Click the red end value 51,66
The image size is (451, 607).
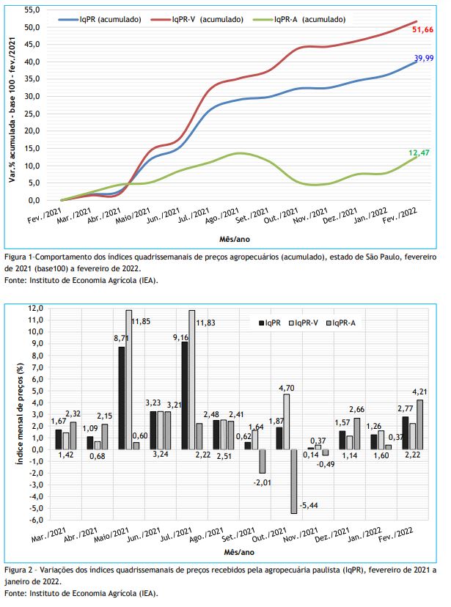(422, 30)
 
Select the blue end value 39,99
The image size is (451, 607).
(424, 58)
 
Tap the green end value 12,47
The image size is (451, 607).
(419, 152)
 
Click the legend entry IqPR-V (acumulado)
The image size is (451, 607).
(208, 19)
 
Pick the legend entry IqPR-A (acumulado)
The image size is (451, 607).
(309, 19)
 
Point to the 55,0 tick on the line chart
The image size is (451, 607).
(32, 10)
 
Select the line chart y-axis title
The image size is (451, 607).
(12, 110)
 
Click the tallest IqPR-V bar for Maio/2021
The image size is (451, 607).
(128, 380)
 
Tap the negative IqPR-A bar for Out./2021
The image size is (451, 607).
(293, 481)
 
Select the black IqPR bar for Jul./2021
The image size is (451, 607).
(185, 395)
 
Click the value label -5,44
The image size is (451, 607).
(309, 505)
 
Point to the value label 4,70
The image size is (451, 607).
(287, 388)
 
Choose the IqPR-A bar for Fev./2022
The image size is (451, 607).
(419, 424)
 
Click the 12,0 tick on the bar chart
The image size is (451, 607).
(36, 308)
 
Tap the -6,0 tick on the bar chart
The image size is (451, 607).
(36, 520)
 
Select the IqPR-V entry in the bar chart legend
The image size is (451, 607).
(304, 323)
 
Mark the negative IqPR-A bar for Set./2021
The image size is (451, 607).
(262, 461)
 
